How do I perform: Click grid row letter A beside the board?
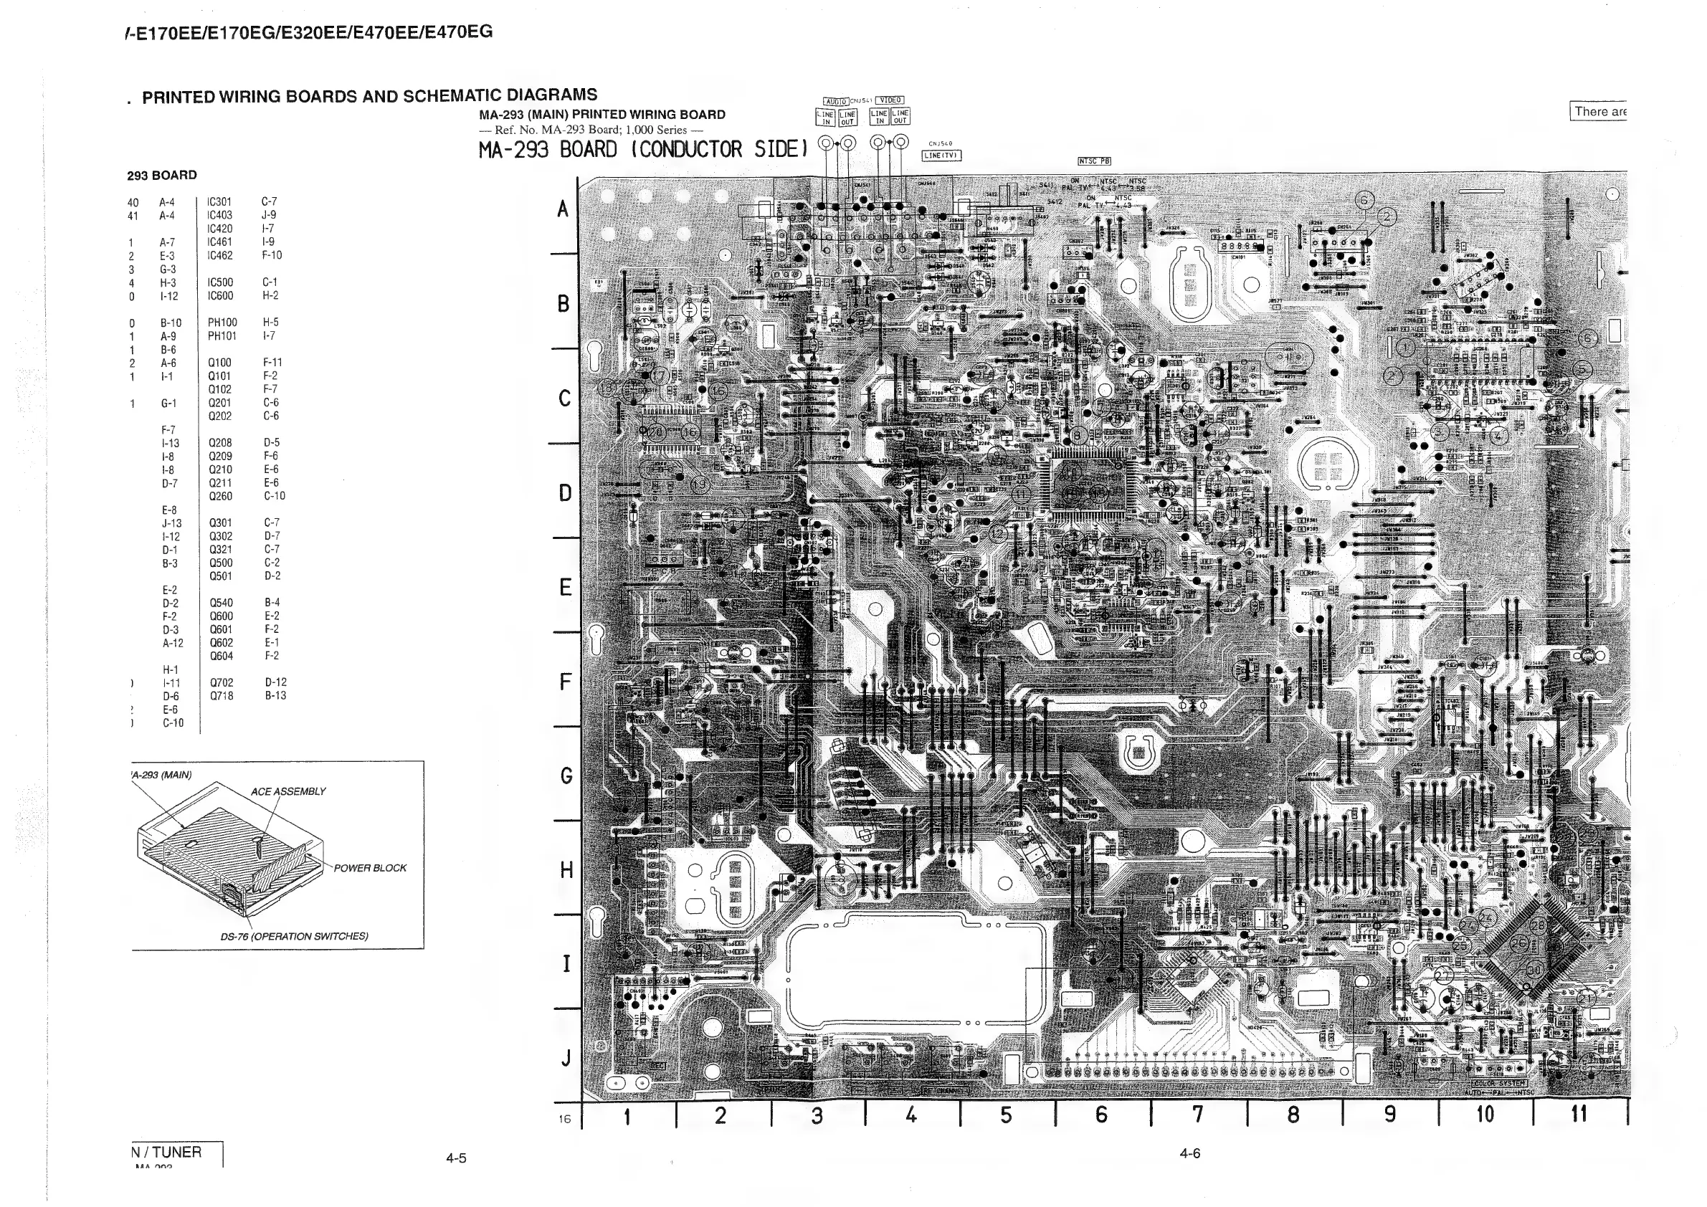(563, 209)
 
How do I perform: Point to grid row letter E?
(565, 587)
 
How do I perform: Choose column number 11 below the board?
(1579, 1113)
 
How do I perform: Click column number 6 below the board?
(1101, 1115)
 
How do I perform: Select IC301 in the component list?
(219, 201)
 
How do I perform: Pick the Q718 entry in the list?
(221, 696)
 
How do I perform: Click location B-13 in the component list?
(275, 696)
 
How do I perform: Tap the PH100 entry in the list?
(222, 323)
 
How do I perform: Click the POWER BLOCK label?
(369, 868)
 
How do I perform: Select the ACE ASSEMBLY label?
(287, 791)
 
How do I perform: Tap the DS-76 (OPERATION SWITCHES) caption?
(294, 937)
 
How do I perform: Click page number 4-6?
(1189, 1153)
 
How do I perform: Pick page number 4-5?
(456, 1158)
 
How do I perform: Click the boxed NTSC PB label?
(1094, 161)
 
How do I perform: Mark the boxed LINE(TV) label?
(941, 156)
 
